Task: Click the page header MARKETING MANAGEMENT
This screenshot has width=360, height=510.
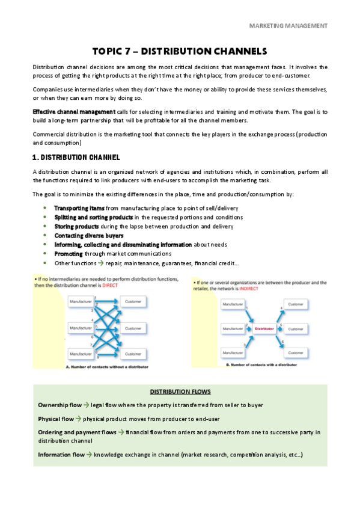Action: (288, 26)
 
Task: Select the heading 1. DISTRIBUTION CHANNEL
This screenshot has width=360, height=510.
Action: (76, 158)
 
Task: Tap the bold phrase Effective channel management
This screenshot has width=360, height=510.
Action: (73, 112)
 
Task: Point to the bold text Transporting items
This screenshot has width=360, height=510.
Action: (79, 207)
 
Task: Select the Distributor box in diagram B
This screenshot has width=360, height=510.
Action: (264, 329)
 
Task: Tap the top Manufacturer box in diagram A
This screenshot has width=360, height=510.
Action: (81, 301)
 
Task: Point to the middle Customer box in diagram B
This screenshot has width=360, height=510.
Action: (295, 329)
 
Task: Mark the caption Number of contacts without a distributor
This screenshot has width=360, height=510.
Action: (108, 366)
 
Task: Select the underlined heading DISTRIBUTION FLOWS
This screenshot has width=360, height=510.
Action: (179, 392)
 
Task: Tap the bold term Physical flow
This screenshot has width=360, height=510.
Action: (56, 419)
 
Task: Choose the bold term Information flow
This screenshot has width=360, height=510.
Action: (61, 455)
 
